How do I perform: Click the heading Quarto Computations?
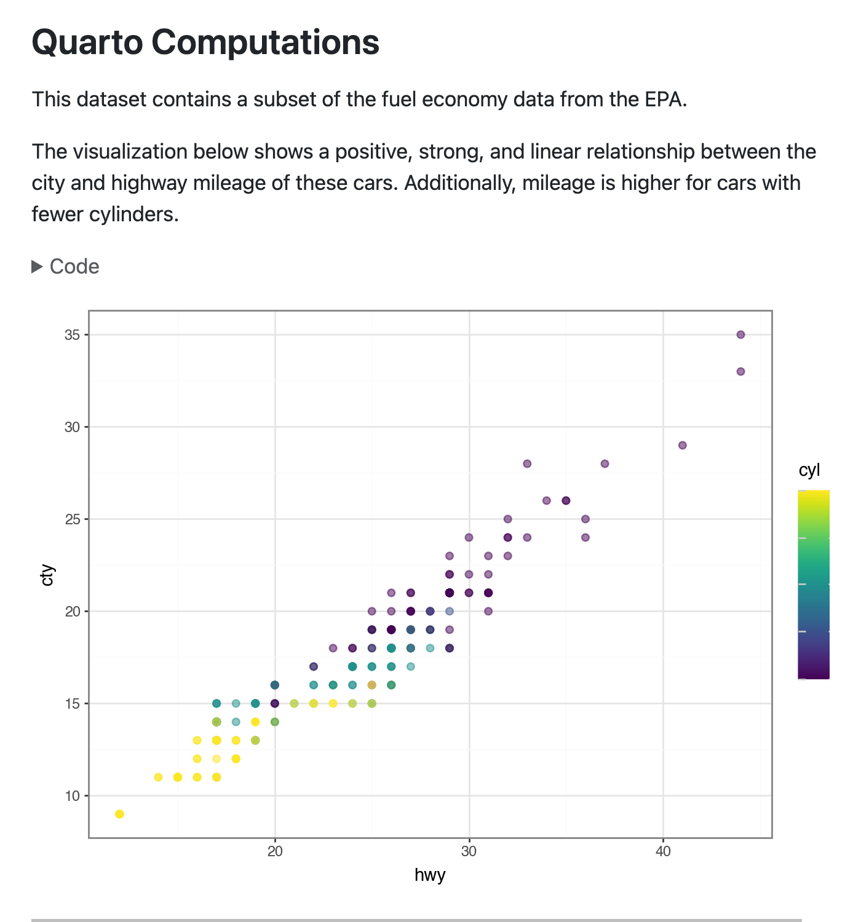point(205,42)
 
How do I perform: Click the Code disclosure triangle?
point(38,267)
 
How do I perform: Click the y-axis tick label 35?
point(73,335)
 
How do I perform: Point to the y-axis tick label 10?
point(73,796)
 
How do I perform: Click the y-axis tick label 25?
point(73,519)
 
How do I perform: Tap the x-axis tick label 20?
point(275,852)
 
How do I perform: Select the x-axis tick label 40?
point(663,852)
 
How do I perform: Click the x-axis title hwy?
point(430,875)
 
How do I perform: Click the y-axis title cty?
point(47,575)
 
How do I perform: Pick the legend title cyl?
point(809,471)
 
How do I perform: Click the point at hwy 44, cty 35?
point(740,334)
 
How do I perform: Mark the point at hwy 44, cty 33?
point(740,371)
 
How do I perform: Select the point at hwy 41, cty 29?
point(682,445)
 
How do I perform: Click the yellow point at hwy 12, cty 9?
point(119,814)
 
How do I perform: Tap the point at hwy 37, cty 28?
point(605,463)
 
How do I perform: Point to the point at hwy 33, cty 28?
point(527,463)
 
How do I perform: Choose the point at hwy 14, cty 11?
point(158,777)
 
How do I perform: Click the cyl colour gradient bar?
point(813,585)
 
